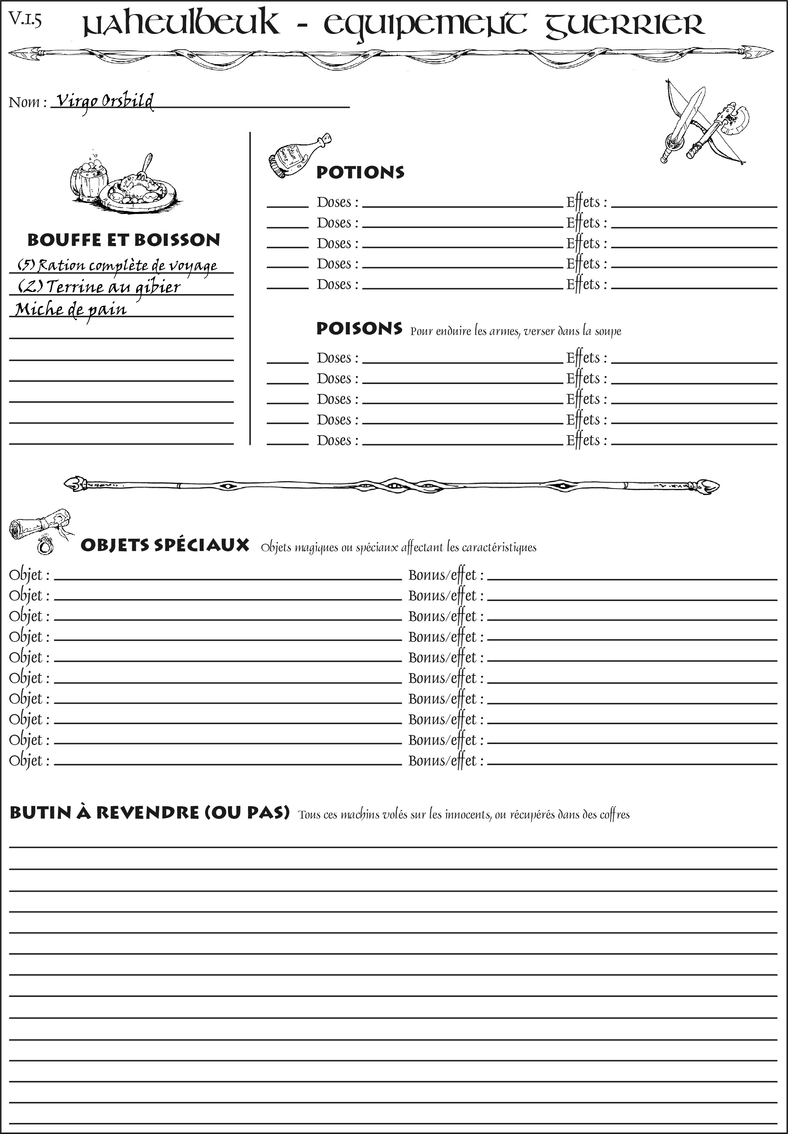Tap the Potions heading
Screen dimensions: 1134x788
coord(360,172)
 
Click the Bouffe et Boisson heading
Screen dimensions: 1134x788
coord(124,240)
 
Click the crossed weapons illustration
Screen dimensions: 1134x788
coord(703,123)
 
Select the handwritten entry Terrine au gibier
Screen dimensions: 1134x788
coord(99,287)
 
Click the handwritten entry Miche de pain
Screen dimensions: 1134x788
coord(71,309)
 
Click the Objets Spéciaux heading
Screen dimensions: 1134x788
coord(164,545)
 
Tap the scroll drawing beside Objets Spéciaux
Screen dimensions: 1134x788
coord(40,523)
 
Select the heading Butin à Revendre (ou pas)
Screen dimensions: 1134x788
coord(149,812)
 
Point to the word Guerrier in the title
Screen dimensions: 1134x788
coord(624,25)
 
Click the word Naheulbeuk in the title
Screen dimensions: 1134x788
coord(180,25)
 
